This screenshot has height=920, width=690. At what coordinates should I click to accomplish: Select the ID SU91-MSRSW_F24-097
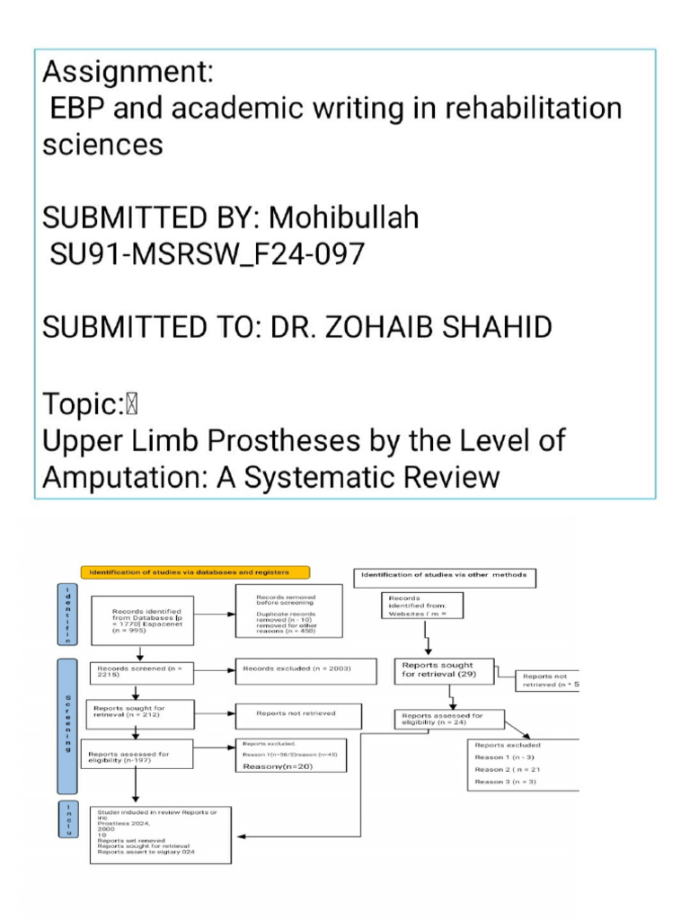[207, 254]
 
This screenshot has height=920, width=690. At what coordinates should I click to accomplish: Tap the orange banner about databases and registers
[195, 572]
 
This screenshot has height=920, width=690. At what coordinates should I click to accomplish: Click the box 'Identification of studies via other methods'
[444, 574]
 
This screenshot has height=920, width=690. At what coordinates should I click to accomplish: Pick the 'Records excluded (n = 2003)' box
[297, 668]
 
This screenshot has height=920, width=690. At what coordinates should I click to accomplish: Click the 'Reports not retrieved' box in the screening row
[297, 715]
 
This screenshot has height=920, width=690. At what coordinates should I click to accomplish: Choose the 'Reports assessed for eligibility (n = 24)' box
[449, 719]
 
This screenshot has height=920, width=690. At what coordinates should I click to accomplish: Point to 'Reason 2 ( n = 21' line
[508, 770]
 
